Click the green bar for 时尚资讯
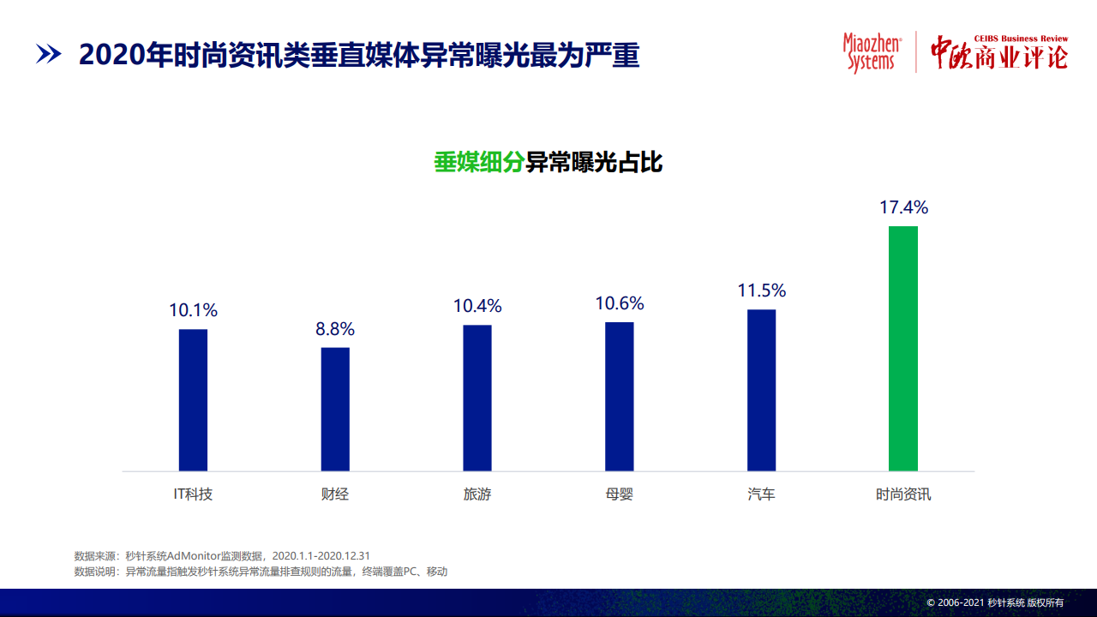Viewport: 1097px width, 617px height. (903, 349)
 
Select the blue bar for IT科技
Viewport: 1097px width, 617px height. (193, 400)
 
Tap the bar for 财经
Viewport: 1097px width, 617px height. (335, 410)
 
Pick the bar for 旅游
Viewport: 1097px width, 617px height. (477, 398)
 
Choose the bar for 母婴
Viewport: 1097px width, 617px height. (619, 397)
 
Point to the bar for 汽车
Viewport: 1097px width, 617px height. (761, 390)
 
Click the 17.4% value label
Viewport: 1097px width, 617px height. (903, 207)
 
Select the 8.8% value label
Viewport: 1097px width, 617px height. (335, 329)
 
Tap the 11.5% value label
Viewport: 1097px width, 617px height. (762, 291)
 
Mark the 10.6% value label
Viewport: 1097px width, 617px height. (620, 303)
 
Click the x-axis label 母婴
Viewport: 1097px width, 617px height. (619, 494)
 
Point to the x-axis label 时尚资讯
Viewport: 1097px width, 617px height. (903, 494)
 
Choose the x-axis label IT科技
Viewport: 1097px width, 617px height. (193, 494)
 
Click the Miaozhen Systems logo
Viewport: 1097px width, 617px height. (872, 53)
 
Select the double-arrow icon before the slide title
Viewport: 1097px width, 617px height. (49, 54)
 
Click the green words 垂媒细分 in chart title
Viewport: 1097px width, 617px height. (479, 162)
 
